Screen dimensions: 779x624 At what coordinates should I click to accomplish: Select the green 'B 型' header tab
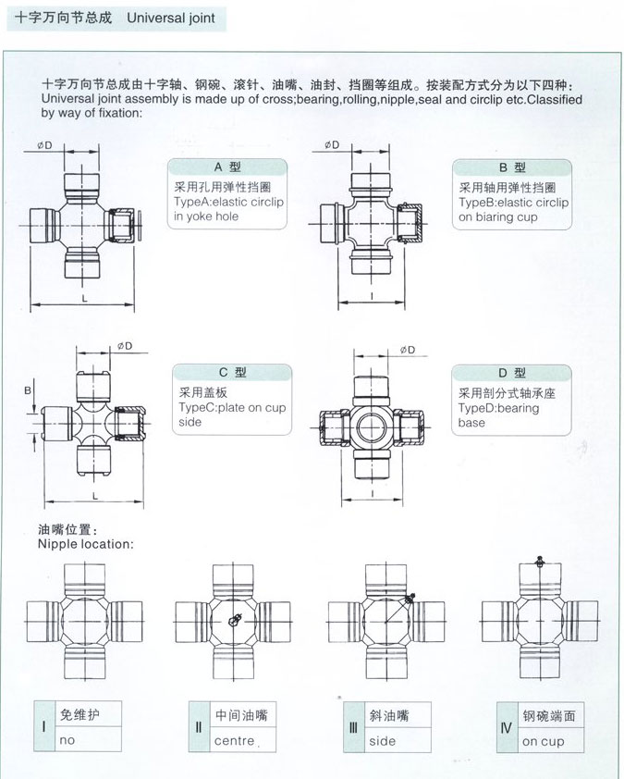(x=511, y=167)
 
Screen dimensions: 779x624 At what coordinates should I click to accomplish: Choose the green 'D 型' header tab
(x=511, y=373)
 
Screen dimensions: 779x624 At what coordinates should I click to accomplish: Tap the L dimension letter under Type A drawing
(x=84, y=298)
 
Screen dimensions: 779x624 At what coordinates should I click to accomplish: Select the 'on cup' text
(x=543, y=741)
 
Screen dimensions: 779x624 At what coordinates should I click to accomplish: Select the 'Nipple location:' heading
(x=85, y=544)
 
